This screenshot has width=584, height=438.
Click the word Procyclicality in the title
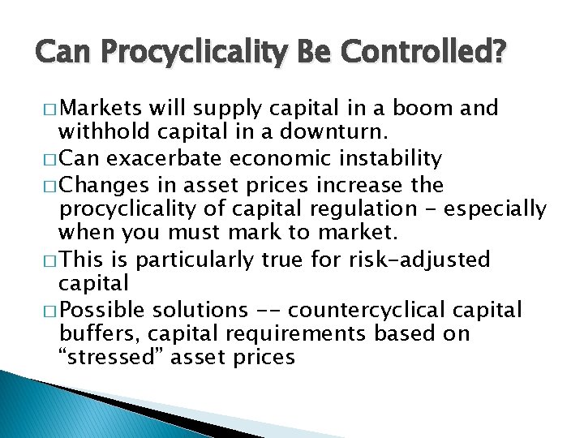click(203, 54)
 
